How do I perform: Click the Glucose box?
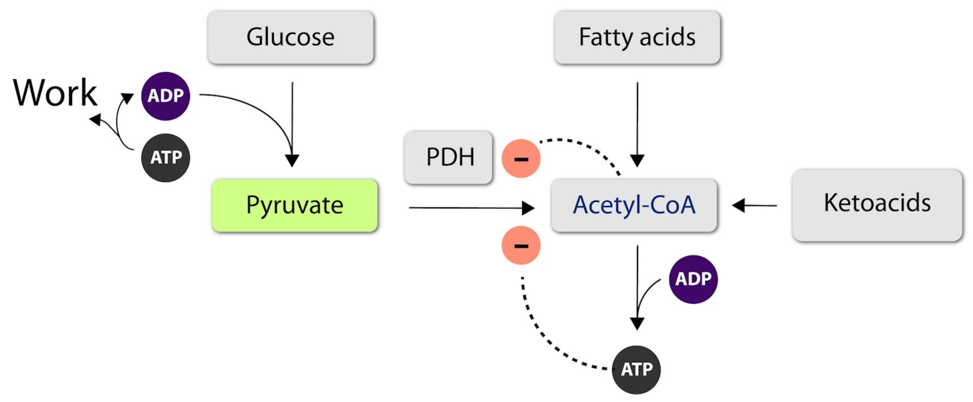click(x=290, y=37)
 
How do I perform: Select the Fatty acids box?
click(x=637, y=37)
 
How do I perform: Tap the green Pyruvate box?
click(x=295, y=205)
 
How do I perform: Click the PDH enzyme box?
click(x=448, y=157)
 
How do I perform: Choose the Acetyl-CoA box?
click(x=634, y=205)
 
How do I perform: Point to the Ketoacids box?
click(x=877, y=205)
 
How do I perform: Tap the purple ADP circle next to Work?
click(x=165, y=96)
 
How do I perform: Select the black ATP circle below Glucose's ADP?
click(x=165, y=158)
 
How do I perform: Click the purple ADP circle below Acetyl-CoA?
click(x=693, y=280)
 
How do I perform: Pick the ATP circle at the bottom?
click(x=637, y=369)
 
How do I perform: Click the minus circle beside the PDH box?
click(x=521, y=158)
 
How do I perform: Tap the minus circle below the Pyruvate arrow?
click(x=521, y=245)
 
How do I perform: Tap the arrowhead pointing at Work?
click(x=95, y=119)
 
